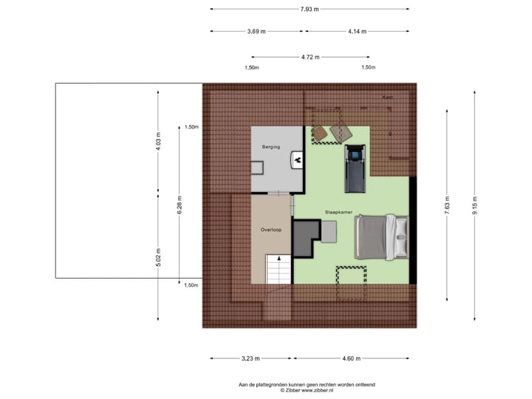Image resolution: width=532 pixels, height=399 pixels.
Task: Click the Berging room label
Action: tap(271, 147)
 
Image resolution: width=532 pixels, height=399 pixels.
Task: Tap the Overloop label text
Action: tap(270, 230)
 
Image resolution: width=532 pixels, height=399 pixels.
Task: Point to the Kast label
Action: tap(386, 97)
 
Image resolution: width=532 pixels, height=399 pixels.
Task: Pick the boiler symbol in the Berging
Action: tap(297, 158)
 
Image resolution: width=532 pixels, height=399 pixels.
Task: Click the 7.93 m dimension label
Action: tap(310, 9)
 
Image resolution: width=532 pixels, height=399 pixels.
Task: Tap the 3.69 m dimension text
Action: tap(256, 32)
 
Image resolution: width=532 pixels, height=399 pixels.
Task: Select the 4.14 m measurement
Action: tap(358, 32)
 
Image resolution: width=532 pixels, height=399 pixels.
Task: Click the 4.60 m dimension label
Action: tap(351, 359)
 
